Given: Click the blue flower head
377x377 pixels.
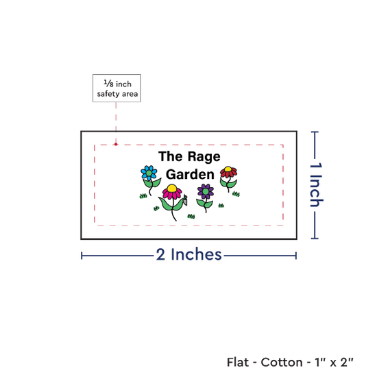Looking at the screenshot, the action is pyautogui.click(x=149, y=173).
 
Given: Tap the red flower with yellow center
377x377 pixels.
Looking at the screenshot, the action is pyautogui.click(x=228, y=172).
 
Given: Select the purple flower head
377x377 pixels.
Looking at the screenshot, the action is pyautogui.click(x=206, y=191).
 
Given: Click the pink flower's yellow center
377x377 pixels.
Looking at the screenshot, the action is pyautogui.click(x=172, y=188).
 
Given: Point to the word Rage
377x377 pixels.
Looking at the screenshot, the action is pyautogui.click(x=204, y=157).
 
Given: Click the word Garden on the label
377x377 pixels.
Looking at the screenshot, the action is pyautogui.click(x=190, y=174).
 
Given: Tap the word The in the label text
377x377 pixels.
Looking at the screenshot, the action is pyautogui.click(x=171, y=156).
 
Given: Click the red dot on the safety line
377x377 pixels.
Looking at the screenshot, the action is pyautogui.click(x=116, y=144).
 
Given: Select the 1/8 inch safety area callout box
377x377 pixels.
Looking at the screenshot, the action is pyautogui.click(x=117, y=88).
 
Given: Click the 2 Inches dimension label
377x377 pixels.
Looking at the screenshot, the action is pyautogui.click(x=188, y=254).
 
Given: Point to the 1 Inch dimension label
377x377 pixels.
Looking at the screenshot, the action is pyautogui.click(x=316, y=184).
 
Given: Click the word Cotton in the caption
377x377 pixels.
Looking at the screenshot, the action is pyautogui.click(x=282, y=362).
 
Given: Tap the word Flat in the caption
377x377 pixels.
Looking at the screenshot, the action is pyautogui.click(x=238, y=362).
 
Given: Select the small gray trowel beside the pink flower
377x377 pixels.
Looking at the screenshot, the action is pyautogui.click(x=185, y=200).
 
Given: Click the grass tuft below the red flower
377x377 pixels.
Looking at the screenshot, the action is pyautogui.click(x=236, y=194).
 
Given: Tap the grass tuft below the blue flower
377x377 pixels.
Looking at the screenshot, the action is pyautogui.click(x=143, y=196).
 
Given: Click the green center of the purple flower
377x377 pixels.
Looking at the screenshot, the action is pyautogui.click(x=206, y=191).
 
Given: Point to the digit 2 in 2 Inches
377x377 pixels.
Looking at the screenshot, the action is pyautogui.click(x=160, y=254).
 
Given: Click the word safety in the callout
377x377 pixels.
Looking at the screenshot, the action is pyautogui.click(x=108, y=94).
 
